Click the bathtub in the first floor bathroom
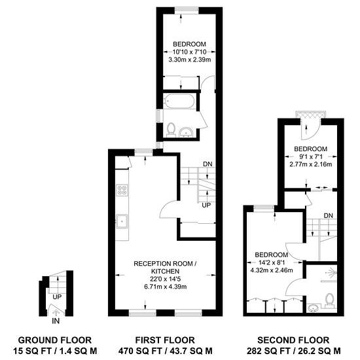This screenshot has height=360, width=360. coord(179,101)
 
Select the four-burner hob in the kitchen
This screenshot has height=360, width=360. coord(122,190)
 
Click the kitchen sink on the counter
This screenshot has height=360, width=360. coord(122,221)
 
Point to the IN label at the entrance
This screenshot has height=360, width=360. coord(56,321)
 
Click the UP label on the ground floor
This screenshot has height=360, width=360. coord(57,297)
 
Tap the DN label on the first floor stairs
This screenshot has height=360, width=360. coord(207,164)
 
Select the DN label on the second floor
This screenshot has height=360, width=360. coord(329,215)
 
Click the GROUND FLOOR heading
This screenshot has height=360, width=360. coord(55,340)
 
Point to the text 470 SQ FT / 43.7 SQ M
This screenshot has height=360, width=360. coord(165,351)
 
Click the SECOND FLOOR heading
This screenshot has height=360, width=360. coord(293,340)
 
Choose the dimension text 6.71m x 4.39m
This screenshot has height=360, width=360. coord(166,287)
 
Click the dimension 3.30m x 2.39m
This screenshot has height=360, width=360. coord(190,60)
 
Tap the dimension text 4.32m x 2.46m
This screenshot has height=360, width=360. coord(272,270)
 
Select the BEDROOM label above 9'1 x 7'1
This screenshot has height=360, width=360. coord(311,149)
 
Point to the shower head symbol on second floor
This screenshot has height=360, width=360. coord(331,272)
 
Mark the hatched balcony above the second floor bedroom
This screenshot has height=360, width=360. coord(311,115)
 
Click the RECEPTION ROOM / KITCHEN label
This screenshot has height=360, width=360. coord(165,268)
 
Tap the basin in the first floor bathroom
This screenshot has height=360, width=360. coord(186,133)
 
